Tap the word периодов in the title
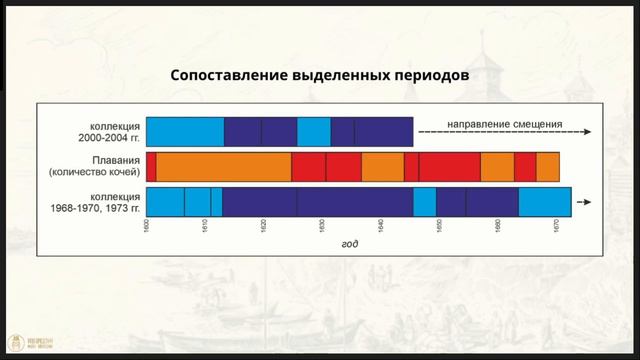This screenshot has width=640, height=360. [427, 76]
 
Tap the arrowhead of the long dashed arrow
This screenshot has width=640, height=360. [596, 132]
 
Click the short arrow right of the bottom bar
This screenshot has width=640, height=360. [585, 202]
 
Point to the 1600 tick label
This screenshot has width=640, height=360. [146, 229]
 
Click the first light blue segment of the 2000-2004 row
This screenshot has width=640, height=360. [185, 131]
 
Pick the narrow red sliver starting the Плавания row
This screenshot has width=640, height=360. [151, 166]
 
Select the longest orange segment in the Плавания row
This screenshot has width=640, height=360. [224, 166]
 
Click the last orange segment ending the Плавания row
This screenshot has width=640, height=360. [548, 166]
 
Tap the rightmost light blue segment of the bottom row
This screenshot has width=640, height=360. [544, 201]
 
